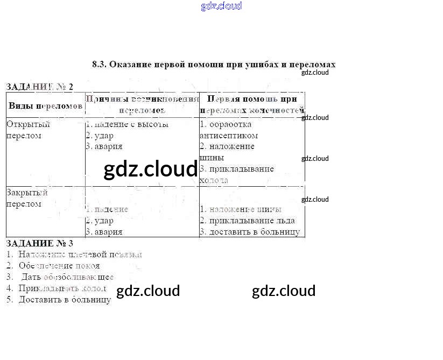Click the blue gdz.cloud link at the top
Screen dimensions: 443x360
coord(221,6)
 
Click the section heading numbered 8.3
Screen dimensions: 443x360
coord(214,64)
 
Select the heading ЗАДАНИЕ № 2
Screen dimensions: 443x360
coord(39,86)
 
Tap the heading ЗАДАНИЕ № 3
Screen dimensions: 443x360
coord(39,243)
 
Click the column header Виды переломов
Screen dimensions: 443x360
coord(46,105)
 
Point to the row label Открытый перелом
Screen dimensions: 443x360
coord(28,130)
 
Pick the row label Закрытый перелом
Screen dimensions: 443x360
coord(27,198)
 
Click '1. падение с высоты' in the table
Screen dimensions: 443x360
coord(127,124)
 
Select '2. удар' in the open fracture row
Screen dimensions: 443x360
coord(100,136)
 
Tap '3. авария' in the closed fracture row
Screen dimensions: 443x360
coord(104,232)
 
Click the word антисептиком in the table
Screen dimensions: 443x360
coord(229,136)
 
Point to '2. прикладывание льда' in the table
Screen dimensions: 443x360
coord(247,221)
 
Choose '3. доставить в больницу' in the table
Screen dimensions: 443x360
coord(250,232)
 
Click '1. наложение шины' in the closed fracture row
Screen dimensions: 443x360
coord(241,209)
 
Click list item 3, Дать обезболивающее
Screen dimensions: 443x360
coord(67,277)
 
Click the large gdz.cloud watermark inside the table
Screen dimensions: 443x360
coord(151,170)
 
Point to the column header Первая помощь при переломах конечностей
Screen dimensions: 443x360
coord(252,104)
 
